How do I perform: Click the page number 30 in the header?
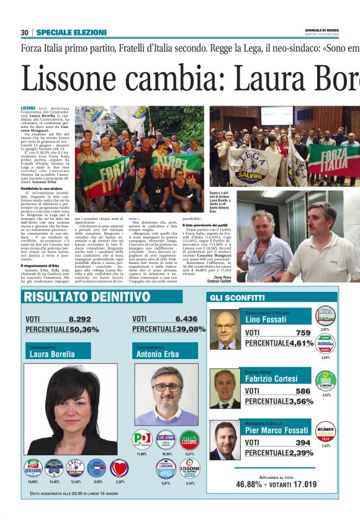25,32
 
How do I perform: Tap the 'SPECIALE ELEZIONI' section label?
71,32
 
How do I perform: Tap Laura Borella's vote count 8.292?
79,319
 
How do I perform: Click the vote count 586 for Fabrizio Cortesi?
302,391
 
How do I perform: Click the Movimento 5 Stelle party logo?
325,431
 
